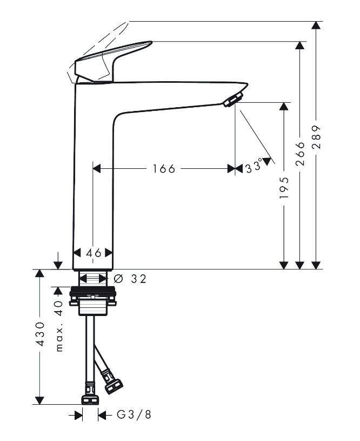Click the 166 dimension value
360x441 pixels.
[x=163, y=169]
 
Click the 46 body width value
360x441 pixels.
[x=93, y=253]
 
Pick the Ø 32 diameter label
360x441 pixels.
[x=130, y=279]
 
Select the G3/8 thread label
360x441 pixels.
[x=134, y=415]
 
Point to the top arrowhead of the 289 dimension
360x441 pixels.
[x=317, y=25]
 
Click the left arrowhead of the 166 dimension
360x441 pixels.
[x=97, y=169]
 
